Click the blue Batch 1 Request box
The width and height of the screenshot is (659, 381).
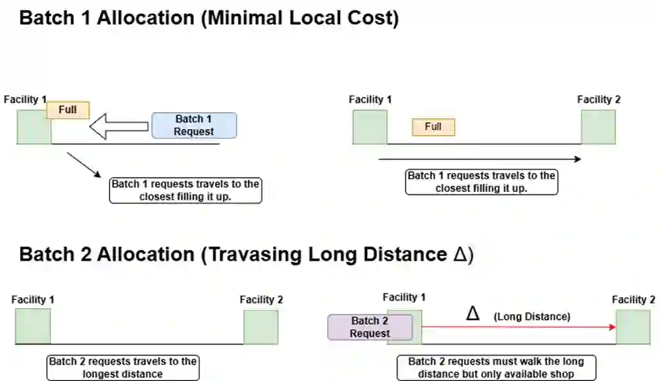tap(194, 126)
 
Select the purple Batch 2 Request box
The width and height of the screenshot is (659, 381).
tap(370, 327)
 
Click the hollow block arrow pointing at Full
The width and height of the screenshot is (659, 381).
tap(119, 126)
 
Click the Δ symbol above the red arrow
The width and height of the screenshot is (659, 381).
tap(473, 313)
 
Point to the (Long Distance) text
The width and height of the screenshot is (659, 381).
tap(531, 316)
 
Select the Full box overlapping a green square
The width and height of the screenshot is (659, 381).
tap(68, 109)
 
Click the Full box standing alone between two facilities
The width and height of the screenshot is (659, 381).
tap(433, 126)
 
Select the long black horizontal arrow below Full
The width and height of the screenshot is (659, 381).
tap(480, 159)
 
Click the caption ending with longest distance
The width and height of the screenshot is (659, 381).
tap(123, 367)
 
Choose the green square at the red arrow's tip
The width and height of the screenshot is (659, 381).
tap(633, 327)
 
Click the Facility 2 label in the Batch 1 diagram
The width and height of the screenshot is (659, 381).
tap(598, 99)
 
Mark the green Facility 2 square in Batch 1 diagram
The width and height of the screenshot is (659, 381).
tap(598, 127)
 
